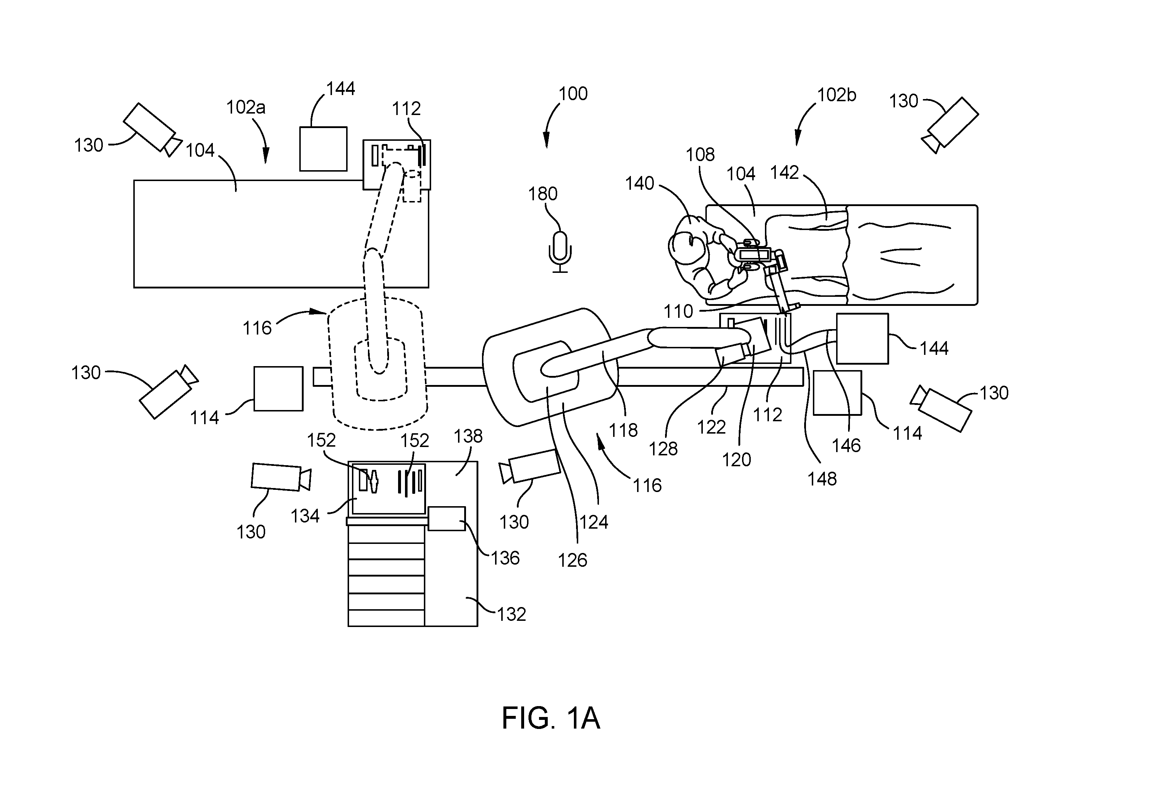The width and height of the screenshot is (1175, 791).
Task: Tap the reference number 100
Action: tap(573, 94)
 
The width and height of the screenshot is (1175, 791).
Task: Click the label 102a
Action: tap(246, 107)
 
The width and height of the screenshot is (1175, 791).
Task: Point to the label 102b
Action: tap(837, 95)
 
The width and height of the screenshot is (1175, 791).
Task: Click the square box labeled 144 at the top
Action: tap(323, 149)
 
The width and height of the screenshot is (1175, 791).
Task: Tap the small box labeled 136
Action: tap(446, 518)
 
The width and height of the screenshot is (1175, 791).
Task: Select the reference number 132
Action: tap(511, 614)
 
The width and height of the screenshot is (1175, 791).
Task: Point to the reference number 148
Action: tap(822, 479)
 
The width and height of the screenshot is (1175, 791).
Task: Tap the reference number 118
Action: tap(624, 430)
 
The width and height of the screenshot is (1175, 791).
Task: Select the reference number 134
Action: tap(305, 516)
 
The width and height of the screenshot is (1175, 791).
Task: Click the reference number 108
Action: tap(700, 154)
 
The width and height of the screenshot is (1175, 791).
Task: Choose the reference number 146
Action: tap(846, 446)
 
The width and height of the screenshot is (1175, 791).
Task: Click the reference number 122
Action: tap(712, 427)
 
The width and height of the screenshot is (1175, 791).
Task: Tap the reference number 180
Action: tap(543, 194)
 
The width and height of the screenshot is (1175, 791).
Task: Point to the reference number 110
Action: tap(678, 312)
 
